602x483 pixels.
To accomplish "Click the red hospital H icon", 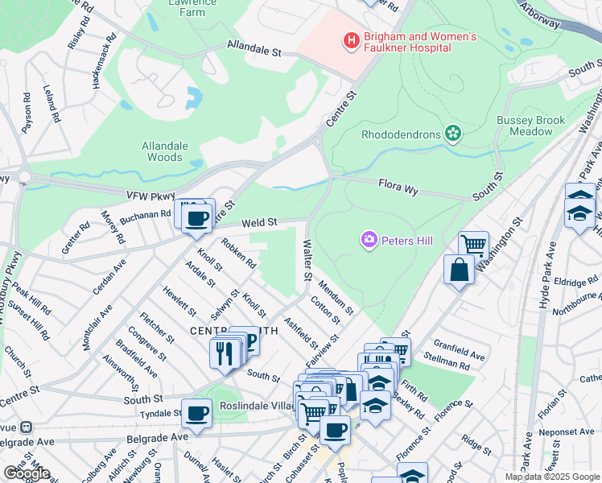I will pyautogui.click(x=350, y=39).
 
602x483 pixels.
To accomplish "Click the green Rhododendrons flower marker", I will pyautogui.click(x=454, y=133).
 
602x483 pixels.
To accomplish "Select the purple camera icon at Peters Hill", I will pyautogui.click(x=369, y=239).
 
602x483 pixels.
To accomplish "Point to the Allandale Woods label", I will pyautogui.click(x=165, y=151).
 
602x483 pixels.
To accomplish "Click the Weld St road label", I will pyautogui.click(x=261, y=221).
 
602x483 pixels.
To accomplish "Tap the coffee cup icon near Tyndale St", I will pyautogui.click(x=196, y=415).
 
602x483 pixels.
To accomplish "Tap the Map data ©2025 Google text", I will pyautogui.click(x=552, y=477).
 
